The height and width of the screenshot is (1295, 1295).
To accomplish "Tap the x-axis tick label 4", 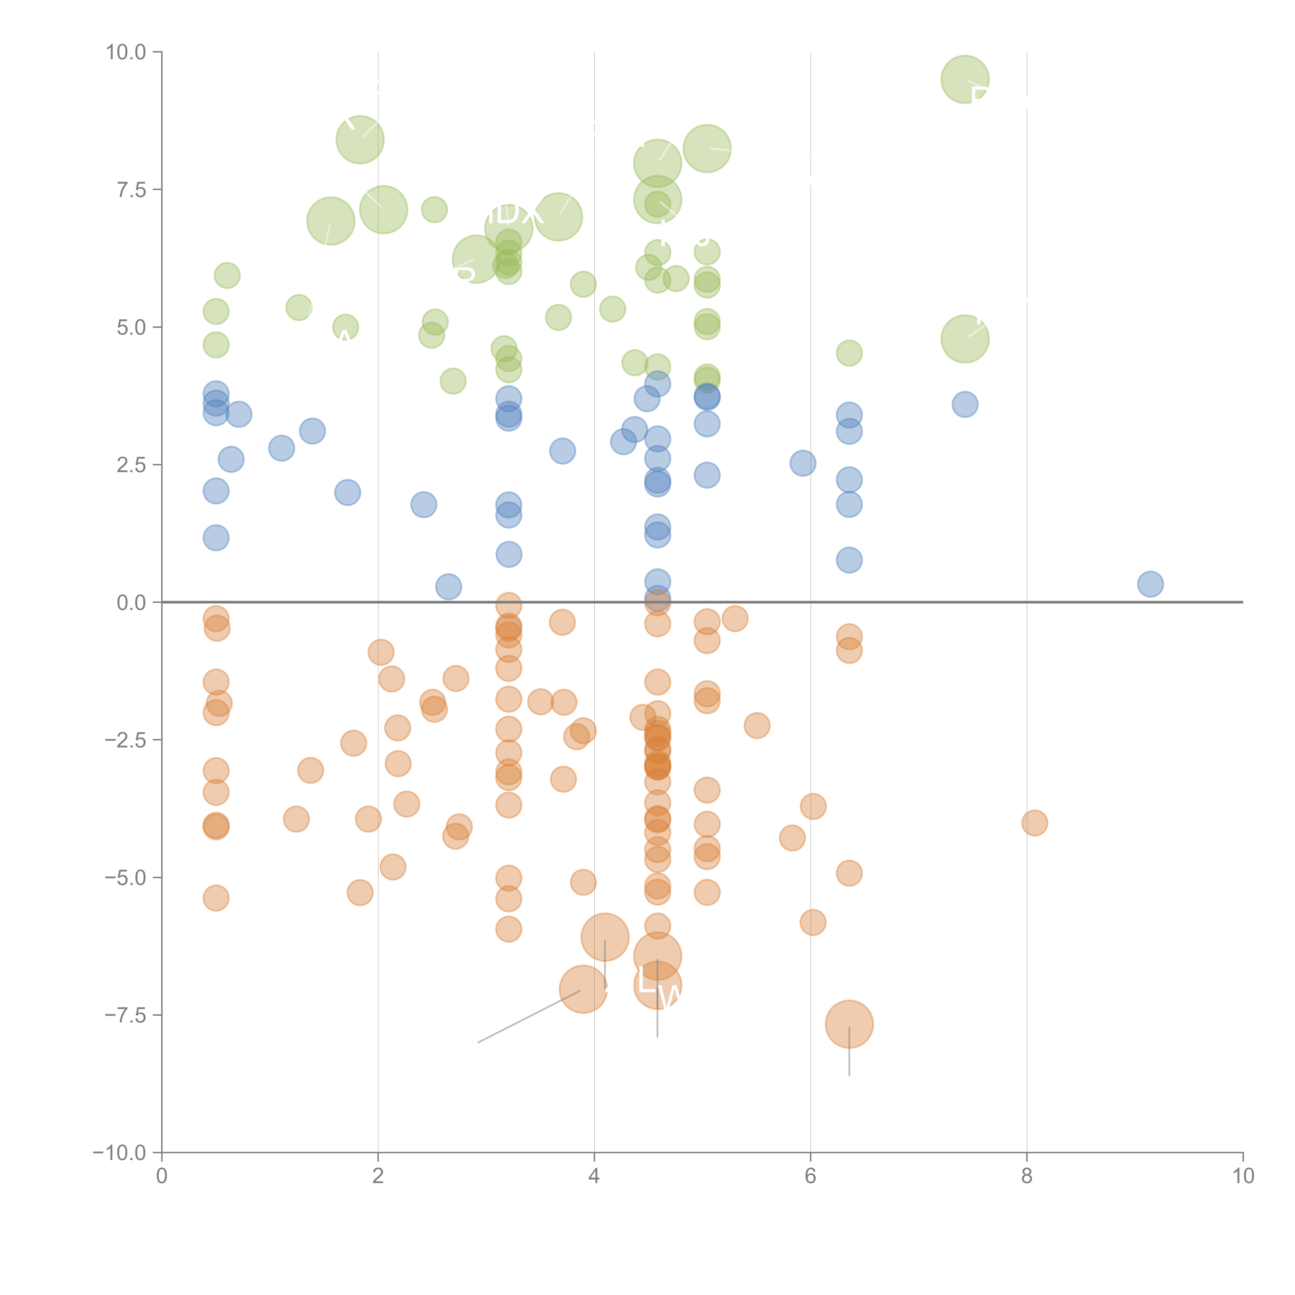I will coord(594,1176).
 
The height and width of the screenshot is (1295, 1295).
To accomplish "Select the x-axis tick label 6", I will coord(810,1176).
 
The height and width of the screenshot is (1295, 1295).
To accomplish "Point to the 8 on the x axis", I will coord(1027,1176).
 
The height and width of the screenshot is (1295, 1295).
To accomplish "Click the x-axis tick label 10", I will coord(1243,1176).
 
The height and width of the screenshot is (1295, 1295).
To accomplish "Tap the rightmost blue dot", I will coord(1150,584).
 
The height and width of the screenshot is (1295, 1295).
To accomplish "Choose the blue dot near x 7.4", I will coord(965,404).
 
